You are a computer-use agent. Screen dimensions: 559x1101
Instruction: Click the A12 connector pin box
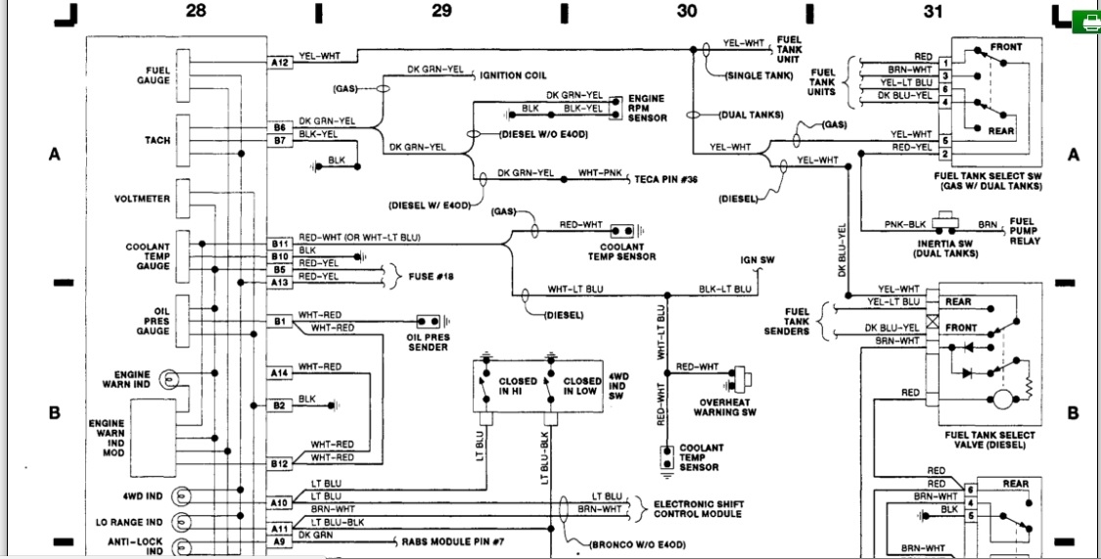[280, 63]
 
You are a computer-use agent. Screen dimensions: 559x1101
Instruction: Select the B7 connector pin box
[280, 141]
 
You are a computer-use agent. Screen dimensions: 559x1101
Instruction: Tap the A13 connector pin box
[280, 283]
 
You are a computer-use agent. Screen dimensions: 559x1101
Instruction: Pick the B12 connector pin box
[280, 464]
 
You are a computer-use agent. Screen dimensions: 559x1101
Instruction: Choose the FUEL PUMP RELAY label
[1025, 231]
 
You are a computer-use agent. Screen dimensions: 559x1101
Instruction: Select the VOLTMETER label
[142, 199]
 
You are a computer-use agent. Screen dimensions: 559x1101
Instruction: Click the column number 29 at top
[441, 11]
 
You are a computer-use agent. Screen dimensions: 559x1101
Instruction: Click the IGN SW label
[757, 259]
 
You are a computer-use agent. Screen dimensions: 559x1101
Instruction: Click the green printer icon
[1086, 23]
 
